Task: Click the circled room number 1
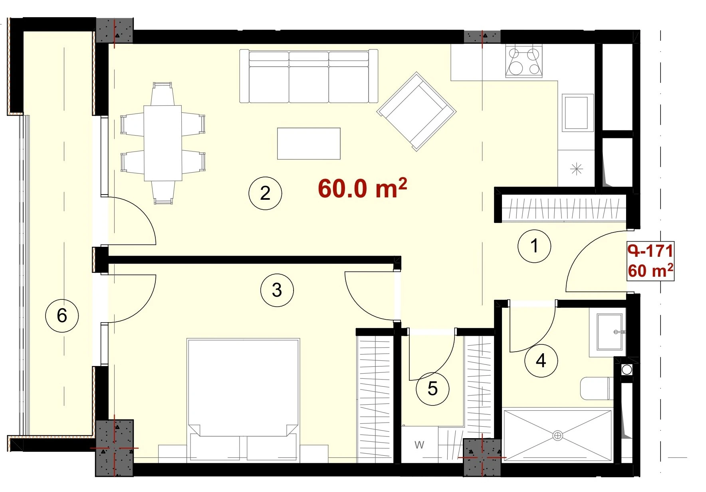(x=534, y=246)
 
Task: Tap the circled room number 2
(x=265, y=193)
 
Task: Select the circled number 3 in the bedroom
(x=277, y=290)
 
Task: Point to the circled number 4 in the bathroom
(x=541, y=360)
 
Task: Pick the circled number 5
(x=432, y=388)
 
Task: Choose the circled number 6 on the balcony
(x=62, y=315)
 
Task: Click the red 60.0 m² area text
(x=362, y=188)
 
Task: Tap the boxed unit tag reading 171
(x=650, y=261)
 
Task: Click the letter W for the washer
(x=419, y=445)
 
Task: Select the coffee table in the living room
(x=309, y=144)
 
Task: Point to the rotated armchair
(x=416, y=112)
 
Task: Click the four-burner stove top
(x=524, y=61)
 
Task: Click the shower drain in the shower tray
(x=557, y=435)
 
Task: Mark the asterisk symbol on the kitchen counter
(x=576, y=169)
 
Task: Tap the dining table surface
(x=163, y=143)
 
